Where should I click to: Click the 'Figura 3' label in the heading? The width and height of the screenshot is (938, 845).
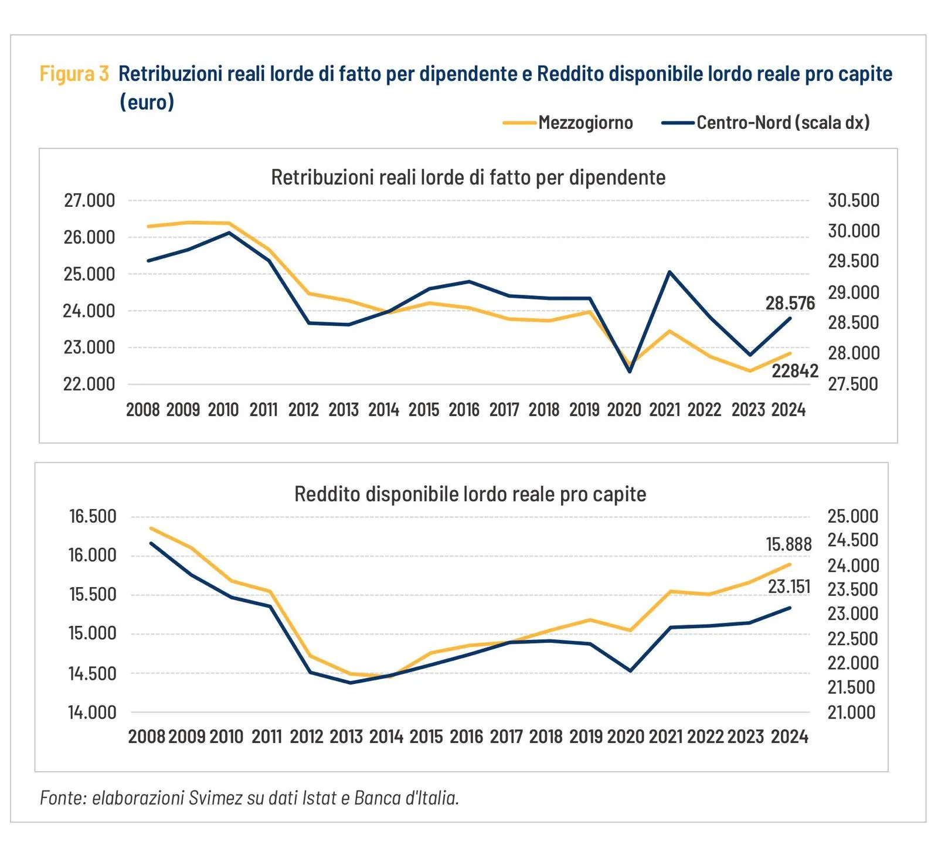[74, 74]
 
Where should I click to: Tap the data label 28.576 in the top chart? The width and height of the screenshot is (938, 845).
[790, 303]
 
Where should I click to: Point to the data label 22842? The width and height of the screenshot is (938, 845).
[794, 371]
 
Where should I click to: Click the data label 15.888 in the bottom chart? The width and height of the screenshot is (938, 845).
[789, 544]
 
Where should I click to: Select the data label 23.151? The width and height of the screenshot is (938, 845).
[789, 587]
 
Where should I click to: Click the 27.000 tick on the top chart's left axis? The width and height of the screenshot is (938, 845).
[89, 200]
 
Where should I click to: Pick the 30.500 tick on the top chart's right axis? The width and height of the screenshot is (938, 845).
[853, 200]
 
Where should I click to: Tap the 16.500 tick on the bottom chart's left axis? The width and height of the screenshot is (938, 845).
[93, 516]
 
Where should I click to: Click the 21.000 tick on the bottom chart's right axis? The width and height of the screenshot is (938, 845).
[851, 713]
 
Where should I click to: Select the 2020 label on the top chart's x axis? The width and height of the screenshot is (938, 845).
[624, 410]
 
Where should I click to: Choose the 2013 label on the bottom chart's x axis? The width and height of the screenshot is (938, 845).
[346, 737]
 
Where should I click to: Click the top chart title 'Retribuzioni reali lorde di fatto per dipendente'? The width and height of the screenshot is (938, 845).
[468, 177]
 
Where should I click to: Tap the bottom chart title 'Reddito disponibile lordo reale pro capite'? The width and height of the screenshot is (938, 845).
[470, 494]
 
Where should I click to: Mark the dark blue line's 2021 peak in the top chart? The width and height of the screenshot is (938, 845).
[669, 272]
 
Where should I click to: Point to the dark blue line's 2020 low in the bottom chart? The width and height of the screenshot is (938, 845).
[630, 671]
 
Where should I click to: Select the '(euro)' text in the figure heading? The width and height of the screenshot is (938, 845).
[147, 102]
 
